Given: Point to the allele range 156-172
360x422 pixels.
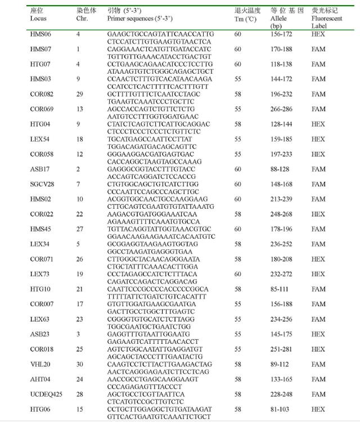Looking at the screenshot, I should (283, 34).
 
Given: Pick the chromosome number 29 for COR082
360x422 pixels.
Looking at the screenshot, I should (80, 95).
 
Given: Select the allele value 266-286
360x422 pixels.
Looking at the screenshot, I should (283, 109).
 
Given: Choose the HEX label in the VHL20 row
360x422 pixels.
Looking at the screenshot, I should (318, 364).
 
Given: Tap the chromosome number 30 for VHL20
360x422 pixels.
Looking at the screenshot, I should (80, 364).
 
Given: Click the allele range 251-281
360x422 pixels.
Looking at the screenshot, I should (283, 349).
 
